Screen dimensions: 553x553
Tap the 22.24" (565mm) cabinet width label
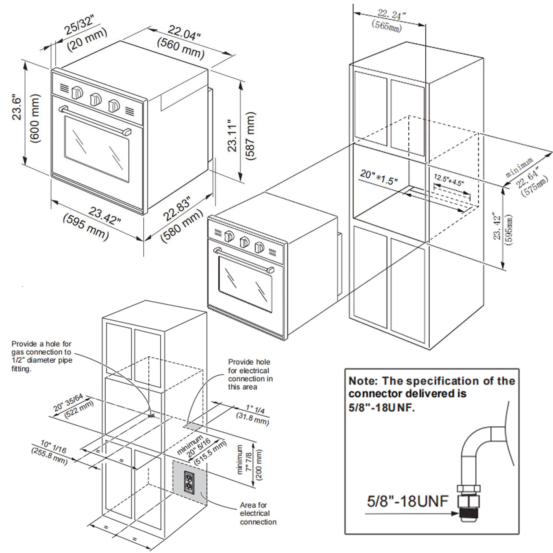[x=389, y=20]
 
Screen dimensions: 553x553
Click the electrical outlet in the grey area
[x=189, y=482]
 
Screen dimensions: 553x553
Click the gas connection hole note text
[x=41, y=356]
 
